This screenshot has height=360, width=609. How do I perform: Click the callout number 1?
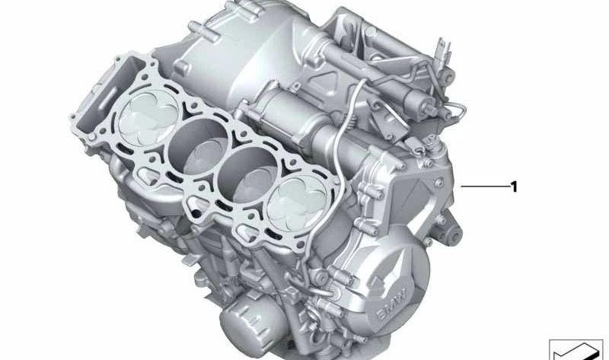point(515,187)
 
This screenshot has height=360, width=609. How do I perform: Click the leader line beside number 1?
point(485,186)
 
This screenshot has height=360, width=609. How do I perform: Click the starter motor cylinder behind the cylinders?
point(307,123)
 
